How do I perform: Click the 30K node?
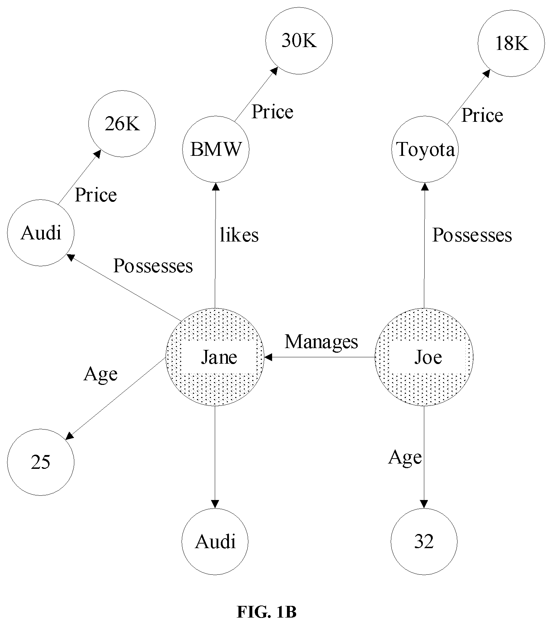click(x=299, y=41)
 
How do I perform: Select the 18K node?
click(x=511, y=43)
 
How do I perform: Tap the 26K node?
click(x=122, y=124)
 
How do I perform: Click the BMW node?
click(x=216, y=149)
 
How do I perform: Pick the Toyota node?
click(x=425, y=149)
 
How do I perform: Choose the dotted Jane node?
click(x=215, y=357)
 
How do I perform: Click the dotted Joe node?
click(x=424, y=357)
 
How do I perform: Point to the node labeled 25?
click(x=41, y=462)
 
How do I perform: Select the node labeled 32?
click(x=424, y=541)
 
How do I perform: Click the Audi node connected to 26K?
click(x=41, y=233)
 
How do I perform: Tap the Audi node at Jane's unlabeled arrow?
click(x=215, y=541)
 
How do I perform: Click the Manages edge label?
click(x=321, y=342)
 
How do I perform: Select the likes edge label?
click(x=239, y=235)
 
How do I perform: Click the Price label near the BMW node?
click(x=272, y=112)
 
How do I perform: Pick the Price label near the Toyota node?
click(x=482, y=115)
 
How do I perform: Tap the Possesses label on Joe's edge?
click(x=472, y=235)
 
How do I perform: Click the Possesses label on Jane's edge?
click(x=153, y=266)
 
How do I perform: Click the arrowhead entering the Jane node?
click(x=268, y=357)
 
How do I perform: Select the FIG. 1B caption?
click(x=266, y=612)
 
